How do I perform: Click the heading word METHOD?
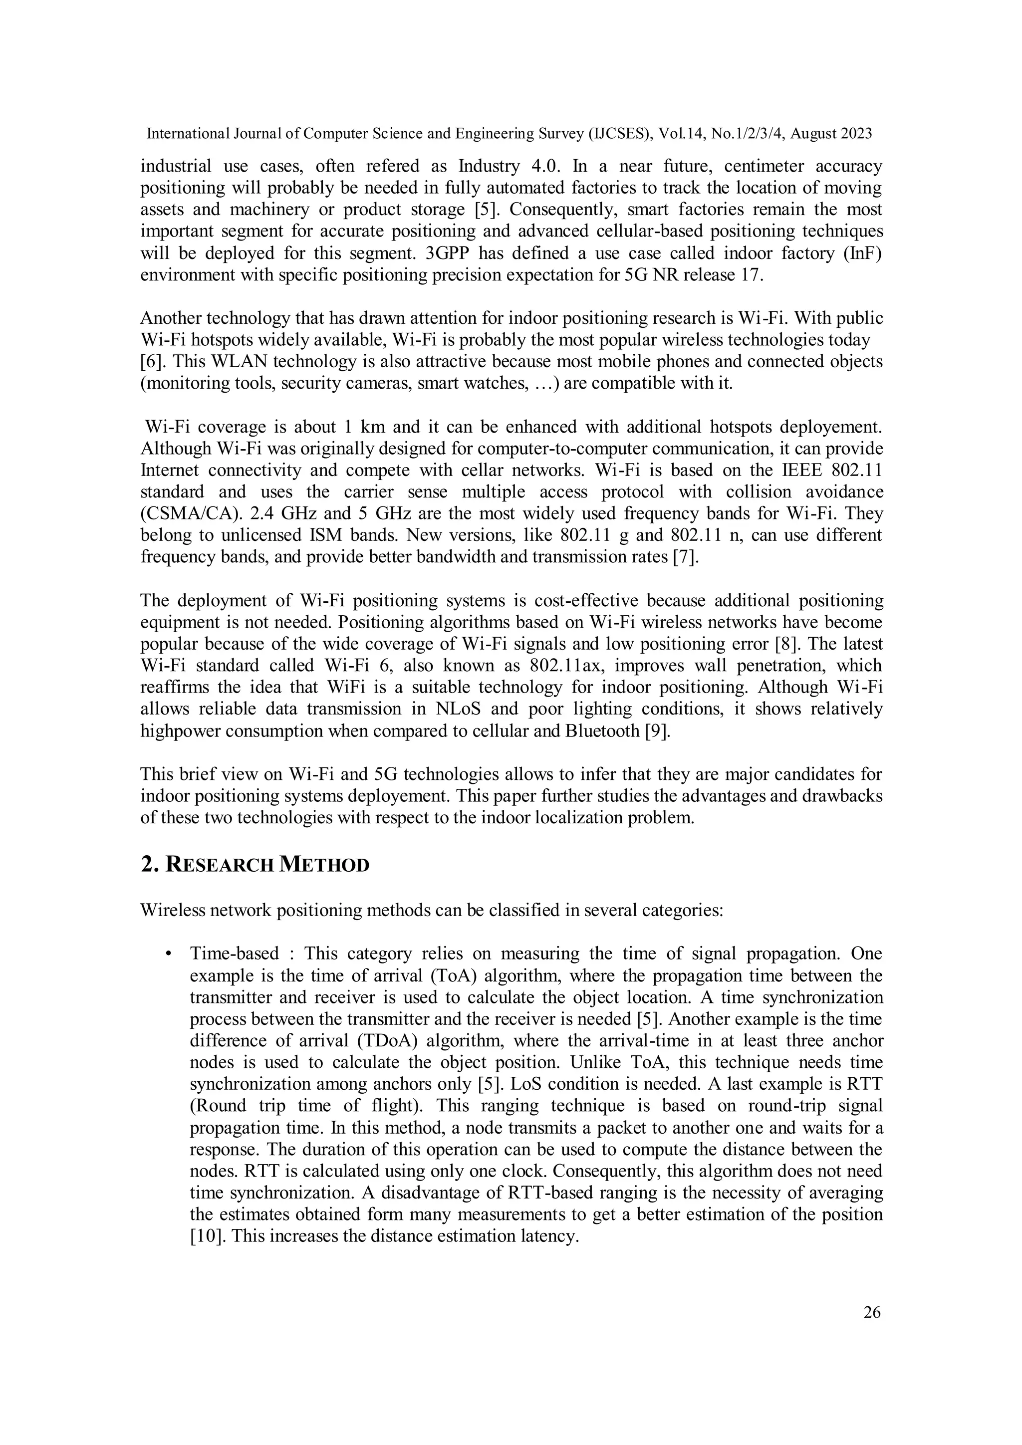[323, 865]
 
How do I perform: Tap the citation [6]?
[152, 362]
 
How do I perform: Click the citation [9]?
[658, 731]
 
